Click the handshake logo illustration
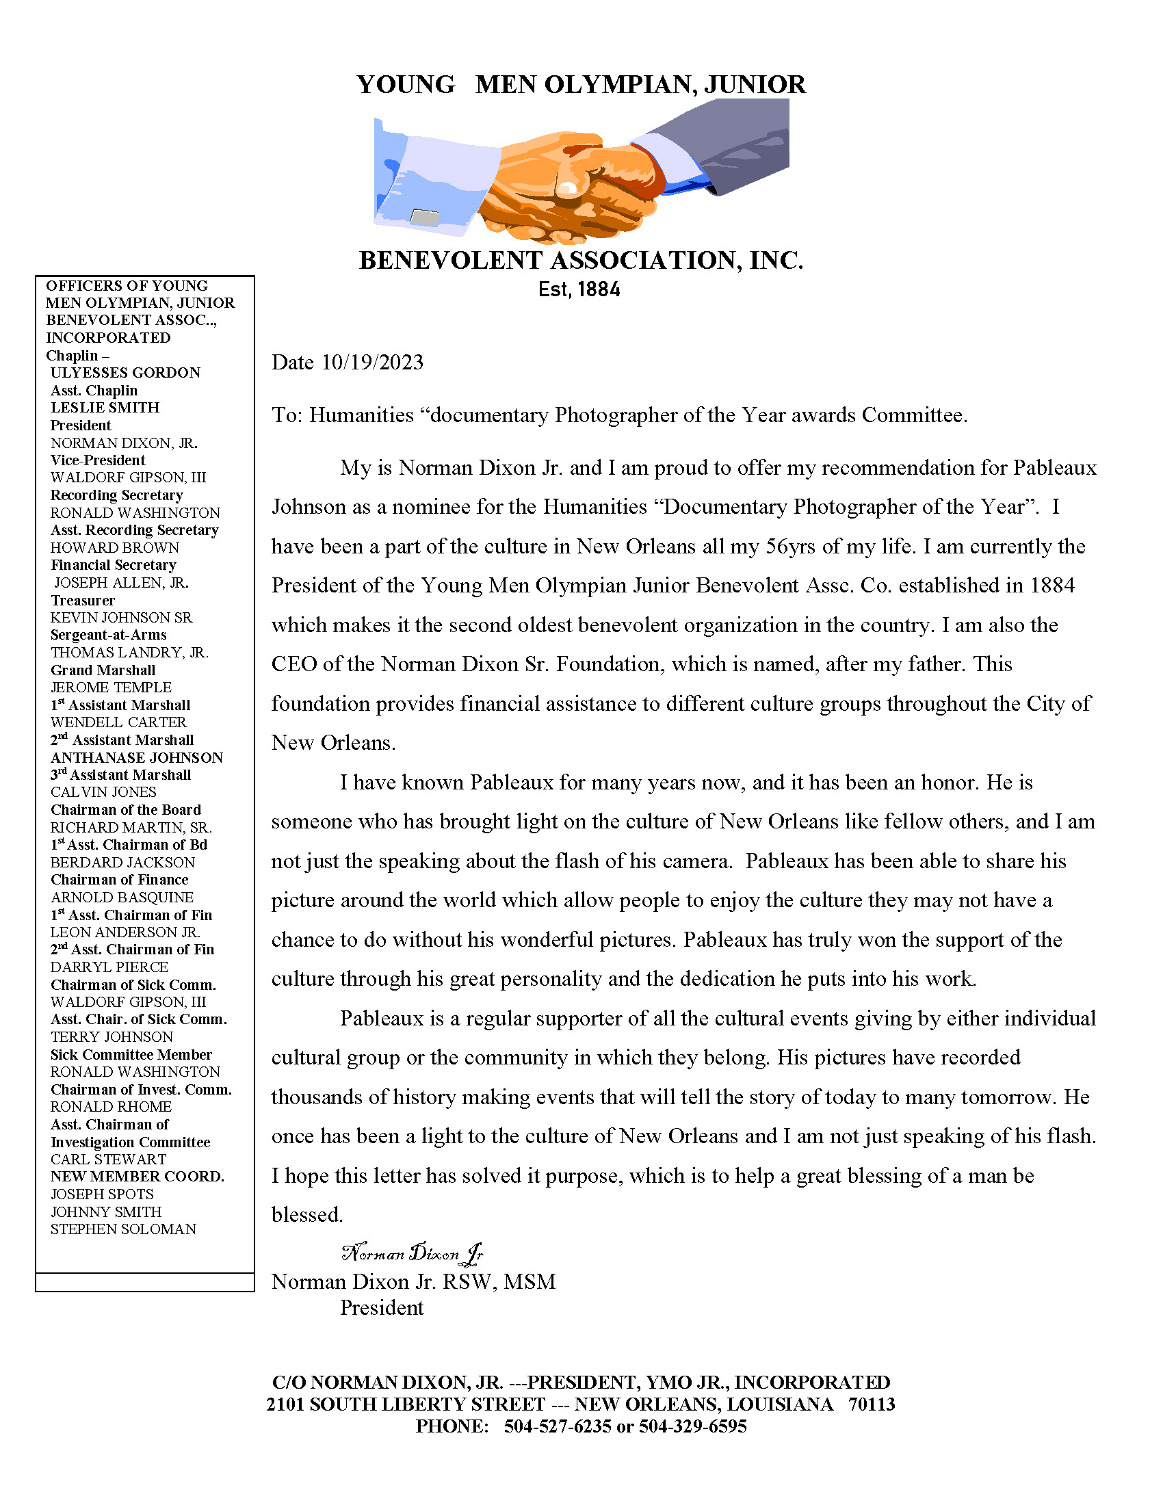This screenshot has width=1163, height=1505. point(581,172)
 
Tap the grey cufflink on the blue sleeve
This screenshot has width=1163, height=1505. point(424,218)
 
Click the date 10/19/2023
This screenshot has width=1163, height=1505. point(372,363)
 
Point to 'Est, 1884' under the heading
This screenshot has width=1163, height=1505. point(579,290)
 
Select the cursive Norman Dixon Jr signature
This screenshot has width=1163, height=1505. point(412,1253)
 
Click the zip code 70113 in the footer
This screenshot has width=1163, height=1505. point(872,1404)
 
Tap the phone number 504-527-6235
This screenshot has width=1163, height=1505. point(558,1426)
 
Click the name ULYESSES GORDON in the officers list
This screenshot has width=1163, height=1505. point(125,373)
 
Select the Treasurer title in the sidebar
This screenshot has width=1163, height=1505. point(83,600)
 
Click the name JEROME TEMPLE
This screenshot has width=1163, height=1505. point(111,687)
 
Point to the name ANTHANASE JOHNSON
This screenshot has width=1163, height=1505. point(136,757)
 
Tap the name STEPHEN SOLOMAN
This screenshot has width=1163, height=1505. point(123,1229)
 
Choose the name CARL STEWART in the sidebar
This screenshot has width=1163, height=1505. point(108,1159)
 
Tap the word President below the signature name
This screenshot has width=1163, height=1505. point(382,1308)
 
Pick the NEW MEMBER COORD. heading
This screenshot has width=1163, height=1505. point(137,1177)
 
